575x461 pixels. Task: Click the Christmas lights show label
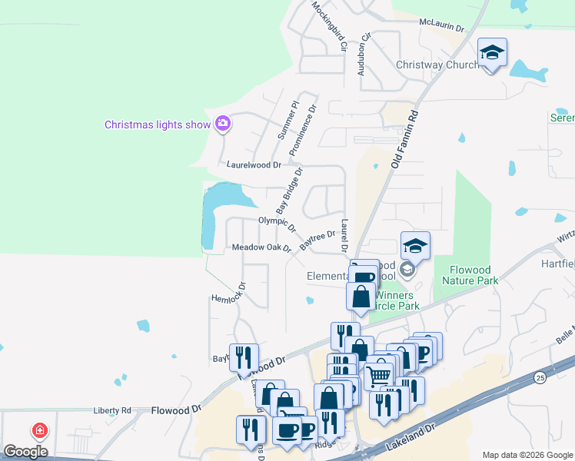pyautogui.click(x=157, y=124)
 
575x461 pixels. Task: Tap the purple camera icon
pyautogui.click(x=223, y=123)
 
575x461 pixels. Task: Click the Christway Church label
pyautogui.click(x=437, y=65)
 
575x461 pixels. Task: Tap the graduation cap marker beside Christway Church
pyautogui.click(x=492, y=53)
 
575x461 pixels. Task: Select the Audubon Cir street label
pyautogui.click(x=364, y=54)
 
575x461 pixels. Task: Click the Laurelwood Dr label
pyautogui.click(x=256, y=164)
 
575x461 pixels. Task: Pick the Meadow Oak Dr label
pyautogui.click(x=261, y=247)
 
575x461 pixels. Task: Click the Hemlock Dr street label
pyautogui.click(x=229, y=293)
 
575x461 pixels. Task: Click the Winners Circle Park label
pyautogui.click(x=396, y=300)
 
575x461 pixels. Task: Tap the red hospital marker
pyautogui.click(x=38, y=431)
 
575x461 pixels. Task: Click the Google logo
pyautogui.click(x=25, y=451)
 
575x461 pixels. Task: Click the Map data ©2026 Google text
pyautogui.click(x=527, y=454)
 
